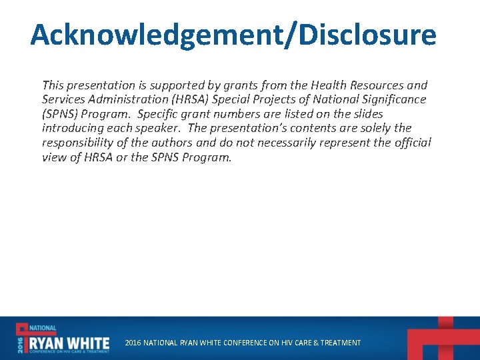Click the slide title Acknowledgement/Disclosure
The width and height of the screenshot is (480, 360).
233,35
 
